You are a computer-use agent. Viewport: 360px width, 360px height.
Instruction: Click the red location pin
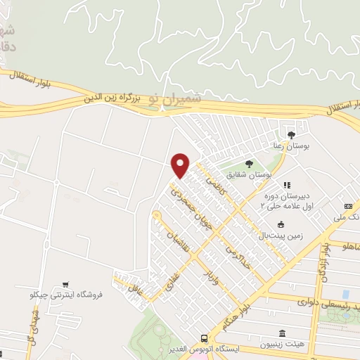click(x=181, y=165)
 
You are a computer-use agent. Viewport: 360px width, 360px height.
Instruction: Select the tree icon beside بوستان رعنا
click(x=292, y=134)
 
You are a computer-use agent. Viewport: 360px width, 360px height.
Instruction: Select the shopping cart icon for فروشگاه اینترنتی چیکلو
click(x=65, y=285)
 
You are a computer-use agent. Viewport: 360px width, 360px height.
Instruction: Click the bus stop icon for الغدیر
click(x=203, y=338)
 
